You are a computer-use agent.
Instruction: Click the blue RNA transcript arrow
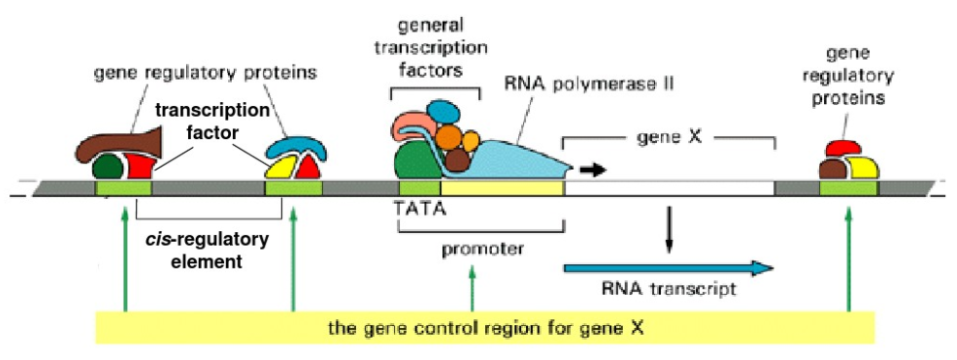pos(669,268)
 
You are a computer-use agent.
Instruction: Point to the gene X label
pos(668,137)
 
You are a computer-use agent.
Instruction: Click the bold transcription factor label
pos(211,121)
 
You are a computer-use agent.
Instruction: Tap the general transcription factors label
pos(435,46)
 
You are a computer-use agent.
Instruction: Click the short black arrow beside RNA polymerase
pos(592,170)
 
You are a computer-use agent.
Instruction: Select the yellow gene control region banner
pos(485,328)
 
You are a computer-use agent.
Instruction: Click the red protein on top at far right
pos(843,148)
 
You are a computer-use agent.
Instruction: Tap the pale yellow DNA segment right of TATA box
pos(502,188)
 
